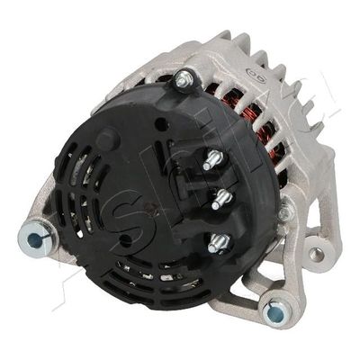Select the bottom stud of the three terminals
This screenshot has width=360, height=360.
[x=217, y=242]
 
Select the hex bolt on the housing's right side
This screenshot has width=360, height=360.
[x=285, y=213]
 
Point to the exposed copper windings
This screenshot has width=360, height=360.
[x=261, y=135]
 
